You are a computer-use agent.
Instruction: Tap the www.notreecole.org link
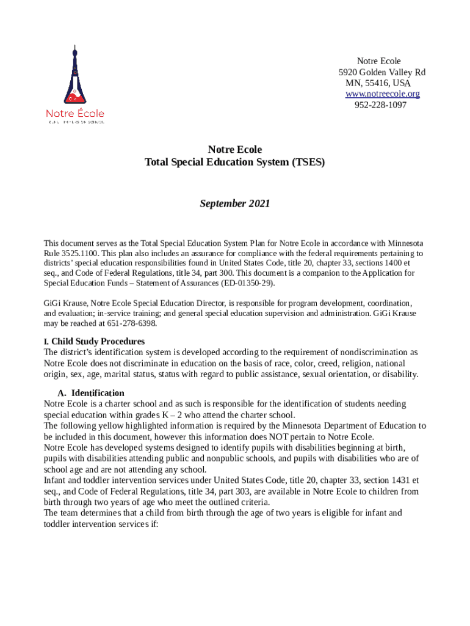coord(382,94)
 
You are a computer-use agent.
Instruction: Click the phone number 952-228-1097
coord(380,105)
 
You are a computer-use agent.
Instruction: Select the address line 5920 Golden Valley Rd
coord(382,72)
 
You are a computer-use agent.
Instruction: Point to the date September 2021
coord(235,204)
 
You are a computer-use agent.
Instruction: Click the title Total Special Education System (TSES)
coord(235,162)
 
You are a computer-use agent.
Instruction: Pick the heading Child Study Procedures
coord(98,341)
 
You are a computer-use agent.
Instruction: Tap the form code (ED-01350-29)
coord(248,283)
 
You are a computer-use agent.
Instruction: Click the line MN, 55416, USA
coord(378,83)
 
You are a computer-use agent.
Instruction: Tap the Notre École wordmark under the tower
coord(75,114)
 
